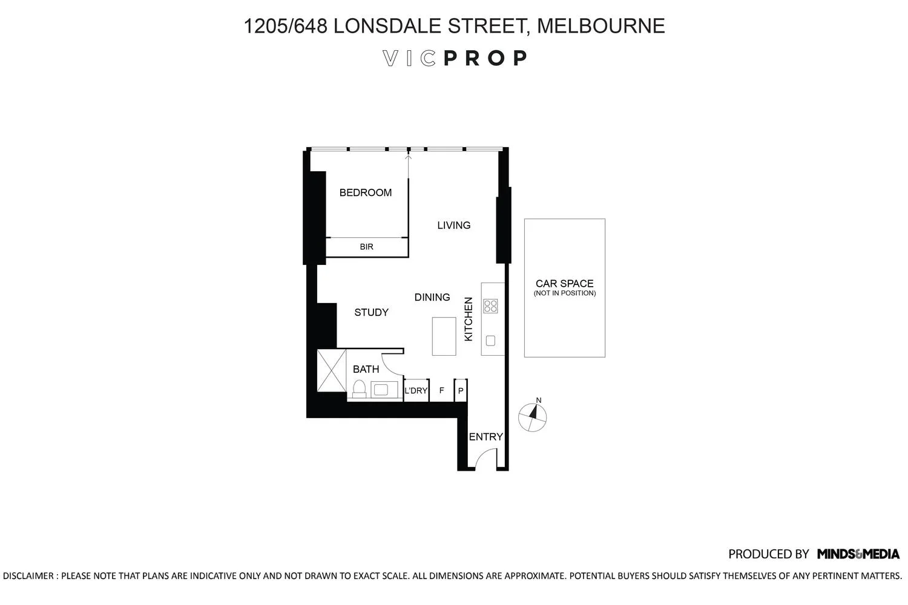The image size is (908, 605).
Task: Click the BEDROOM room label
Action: click(365, 192)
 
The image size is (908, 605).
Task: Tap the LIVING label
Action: click(453, 225)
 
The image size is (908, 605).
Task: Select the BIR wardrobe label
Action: click(366, 247)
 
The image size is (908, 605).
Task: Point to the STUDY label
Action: click(371, 312)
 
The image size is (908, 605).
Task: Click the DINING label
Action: click(432, 297)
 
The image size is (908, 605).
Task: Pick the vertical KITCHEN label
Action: click(468, 319)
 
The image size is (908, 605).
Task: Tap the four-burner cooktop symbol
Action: click(490, 306)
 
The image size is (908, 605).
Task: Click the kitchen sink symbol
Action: click(490, 341)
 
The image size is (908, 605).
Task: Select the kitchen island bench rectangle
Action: click(444, 336)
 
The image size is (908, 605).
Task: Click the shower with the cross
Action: click(332, 370)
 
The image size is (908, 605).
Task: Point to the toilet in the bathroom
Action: click(359, 388)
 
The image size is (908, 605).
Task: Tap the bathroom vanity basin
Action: click(381, 390)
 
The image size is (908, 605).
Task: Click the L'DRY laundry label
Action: click(416, 391)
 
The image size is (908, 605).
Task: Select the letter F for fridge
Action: click(441, 391)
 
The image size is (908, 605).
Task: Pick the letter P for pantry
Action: click(461, 391)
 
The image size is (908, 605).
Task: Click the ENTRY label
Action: click(485, 437)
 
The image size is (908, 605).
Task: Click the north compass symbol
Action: click(533, 416)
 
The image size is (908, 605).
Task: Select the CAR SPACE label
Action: click(564, 283)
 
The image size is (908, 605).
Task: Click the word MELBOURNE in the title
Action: click(600, 26)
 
